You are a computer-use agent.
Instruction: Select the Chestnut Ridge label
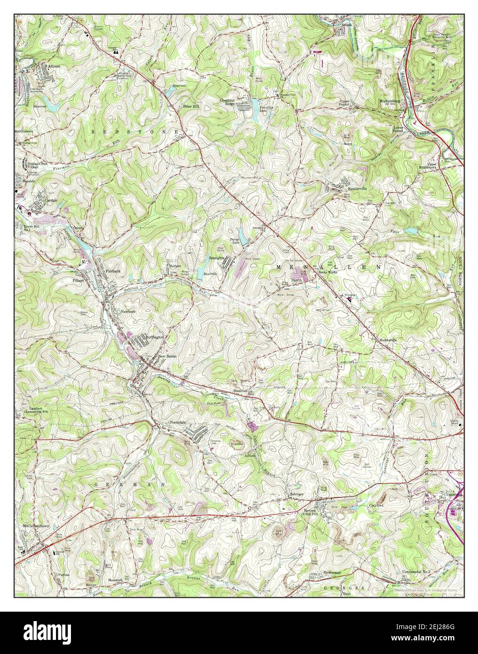click(x=227, y=102)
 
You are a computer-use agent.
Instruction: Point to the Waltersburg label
click(x=390, y=101)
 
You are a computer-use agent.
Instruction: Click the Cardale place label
click(x=50, y=199)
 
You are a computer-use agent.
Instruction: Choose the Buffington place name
click(x=155, y=337)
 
